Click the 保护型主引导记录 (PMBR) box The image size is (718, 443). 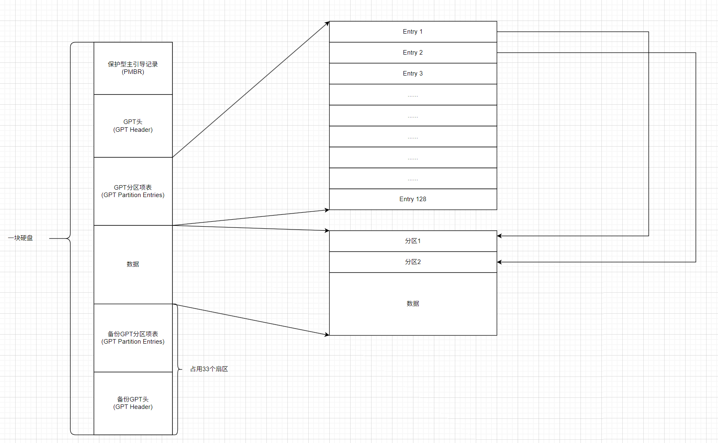pyautogui.click(x=133, y=68)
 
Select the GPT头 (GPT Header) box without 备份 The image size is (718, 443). pyautogui.click(x=133, y=126)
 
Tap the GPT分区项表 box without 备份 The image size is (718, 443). pyautogui.click(x=133, y=191)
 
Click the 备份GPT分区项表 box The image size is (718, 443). pyautogui.click(x=133, y=338)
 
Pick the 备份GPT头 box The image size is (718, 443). pyautogui.click(x=133, y=403)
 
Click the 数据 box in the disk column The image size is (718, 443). pyautogui.click(x=133, y=264)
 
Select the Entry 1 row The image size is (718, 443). pyautogui.click(x=413, y=32)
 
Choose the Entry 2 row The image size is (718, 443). pyautogui.click(x=413, y=53)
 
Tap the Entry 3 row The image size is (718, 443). pyautogui.click(x=413, y=73)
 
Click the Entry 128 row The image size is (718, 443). pyautogui.click(x=413, y=199)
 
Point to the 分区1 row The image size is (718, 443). pyautogui.click(x=413, y=241)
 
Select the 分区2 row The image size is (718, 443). pyautogui.click(x=413, y=262)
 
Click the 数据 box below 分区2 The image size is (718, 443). pyautogui.click(x=413, y=304)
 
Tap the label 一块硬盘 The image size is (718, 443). pyautogui.click(x=21, y=238)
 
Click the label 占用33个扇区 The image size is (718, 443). pyautogui.click(x=209, y=369)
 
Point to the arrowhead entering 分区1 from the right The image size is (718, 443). pyautogui.click(x=500, y=236)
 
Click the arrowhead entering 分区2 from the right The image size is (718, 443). pyautogui.click(x=500, y=262)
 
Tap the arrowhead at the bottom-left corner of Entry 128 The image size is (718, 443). pyautogui.click(x=327, y=210)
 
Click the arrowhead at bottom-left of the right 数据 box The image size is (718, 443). pyautogui.click(x=327, y=335)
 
